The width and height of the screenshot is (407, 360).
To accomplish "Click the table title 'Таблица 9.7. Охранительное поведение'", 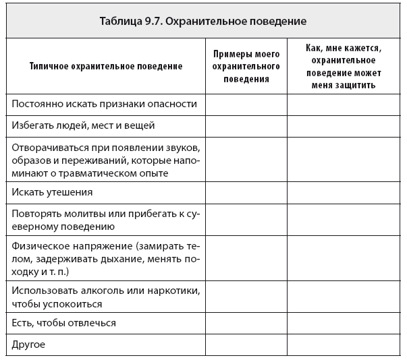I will (203, 21).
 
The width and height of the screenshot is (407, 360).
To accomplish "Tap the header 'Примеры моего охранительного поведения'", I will (246, 66).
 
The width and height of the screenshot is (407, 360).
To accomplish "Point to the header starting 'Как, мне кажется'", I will (344, 66).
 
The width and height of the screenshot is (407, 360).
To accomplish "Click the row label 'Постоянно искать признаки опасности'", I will (105, 104).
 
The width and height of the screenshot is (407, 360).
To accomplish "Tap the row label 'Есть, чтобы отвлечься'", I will (65, 323).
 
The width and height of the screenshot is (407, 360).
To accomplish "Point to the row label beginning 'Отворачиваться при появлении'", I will (106, 159).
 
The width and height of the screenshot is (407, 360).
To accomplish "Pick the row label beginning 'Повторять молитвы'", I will (106, 220).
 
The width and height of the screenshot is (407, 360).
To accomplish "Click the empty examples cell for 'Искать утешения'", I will (246, 192).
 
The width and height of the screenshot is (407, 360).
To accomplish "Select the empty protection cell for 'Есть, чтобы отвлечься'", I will (344, 323).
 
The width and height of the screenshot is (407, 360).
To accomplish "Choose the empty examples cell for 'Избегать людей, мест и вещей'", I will (246, 125).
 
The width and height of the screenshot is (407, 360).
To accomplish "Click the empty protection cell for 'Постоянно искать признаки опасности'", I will (344, 104).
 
